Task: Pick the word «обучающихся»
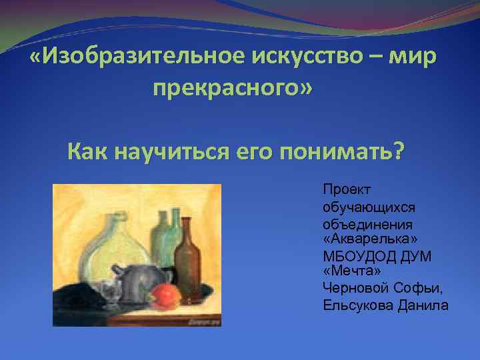point(359,207)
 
